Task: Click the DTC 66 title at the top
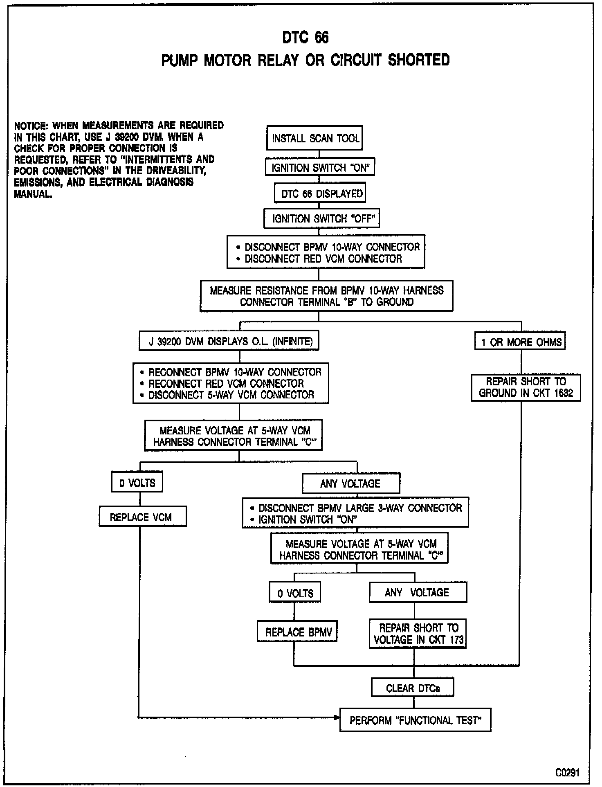tap(305, 38)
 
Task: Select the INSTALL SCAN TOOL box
tap(314, 138)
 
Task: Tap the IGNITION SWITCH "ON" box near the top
tap(320, 167)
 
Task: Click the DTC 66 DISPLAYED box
tap(320, 193)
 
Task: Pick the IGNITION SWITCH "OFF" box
tap(321, 219)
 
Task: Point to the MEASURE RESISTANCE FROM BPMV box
tap(326, 296)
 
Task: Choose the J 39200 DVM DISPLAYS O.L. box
tap(229, 341)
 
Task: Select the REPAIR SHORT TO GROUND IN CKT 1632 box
tap(526, 387)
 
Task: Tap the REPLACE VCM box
tap(142, 517)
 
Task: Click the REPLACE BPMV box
tap(297, 632)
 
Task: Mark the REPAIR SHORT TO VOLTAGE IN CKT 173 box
tap(418, 633)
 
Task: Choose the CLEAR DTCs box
tap(412, 688)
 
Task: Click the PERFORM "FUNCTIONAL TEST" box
tap(415, 720)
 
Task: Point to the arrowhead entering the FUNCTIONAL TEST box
tap(337, 717)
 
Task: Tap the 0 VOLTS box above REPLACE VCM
tap(137, 483)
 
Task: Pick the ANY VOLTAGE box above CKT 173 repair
tap(418, 592)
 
